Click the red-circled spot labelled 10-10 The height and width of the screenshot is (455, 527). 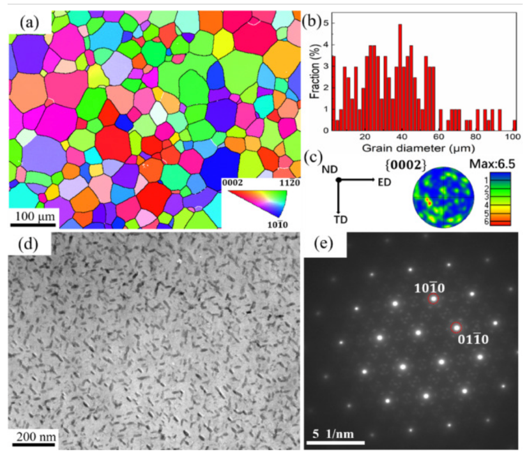434,299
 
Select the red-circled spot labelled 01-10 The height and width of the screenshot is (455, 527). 456,328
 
